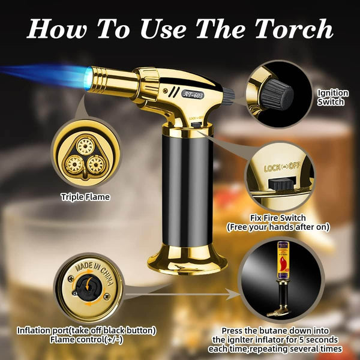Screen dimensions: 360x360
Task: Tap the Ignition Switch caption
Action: tap(331, 97)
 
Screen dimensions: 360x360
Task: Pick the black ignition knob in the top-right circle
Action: tap(278, 94)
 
